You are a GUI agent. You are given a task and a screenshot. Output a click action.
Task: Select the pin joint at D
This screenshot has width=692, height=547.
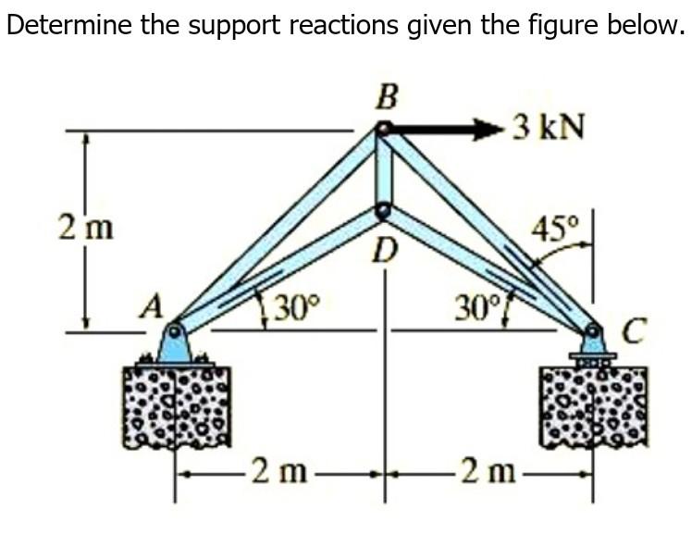(384, 212)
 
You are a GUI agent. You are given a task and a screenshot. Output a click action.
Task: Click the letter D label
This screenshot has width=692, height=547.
(386, 248)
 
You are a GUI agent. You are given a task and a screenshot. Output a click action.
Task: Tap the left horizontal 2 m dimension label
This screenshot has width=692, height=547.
(275, 472)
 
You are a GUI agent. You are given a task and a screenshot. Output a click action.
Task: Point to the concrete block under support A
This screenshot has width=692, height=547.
(176, 404)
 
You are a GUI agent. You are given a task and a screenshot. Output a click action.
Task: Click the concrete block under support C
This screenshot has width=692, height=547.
(593, 404)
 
